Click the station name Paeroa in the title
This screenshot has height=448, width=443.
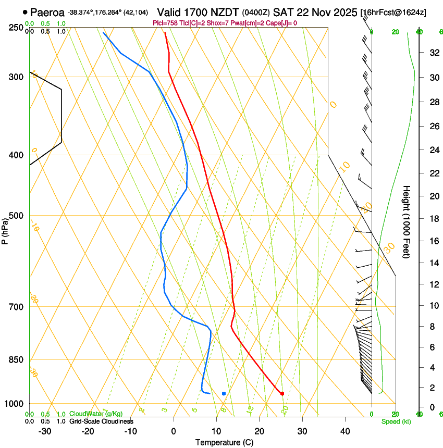[x=47, y=11]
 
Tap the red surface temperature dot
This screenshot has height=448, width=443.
[x=282, y=393]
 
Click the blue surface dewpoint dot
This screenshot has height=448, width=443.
[x=224, y=393]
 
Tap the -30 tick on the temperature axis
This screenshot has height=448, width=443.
[x=44, y=431]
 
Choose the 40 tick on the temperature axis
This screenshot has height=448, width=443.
[x=344, y=431]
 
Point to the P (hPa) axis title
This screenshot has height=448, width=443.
[x=5, y=230]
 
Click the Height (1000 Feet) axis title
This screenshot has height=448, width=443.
[x=407, y=221]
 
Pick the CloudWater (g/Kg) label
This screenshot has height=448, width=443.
[x=96, y=414]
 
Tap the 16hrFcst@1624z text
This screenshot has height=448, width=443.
[x=393, y=12]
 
